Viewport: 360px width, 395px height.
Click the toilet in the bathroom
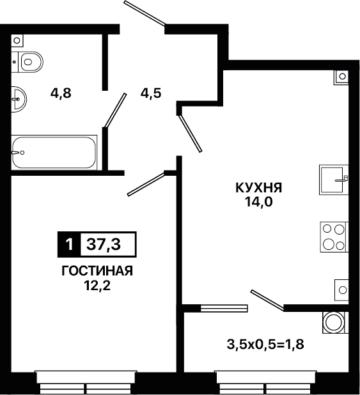(x=27, y=62)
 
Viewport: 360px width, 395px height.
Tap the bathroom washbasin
(x=19, y=99)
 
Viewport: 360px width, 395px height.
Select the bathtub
(x=54, y=152)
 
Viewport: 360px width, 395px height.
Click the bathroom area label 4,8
(x=61, y=93)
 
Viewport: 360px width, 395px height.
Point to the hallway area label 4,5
(x=151, y=93)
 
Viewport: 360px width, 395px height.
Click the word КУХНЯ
(x=259, y=188)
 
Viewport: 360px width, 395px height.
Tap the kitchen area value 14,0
(x=259, y=202)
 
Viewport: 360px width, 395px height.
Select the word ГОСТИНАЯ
(x=97, y=271)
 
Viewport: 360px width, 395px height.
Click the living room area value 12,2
(x=97, y=286)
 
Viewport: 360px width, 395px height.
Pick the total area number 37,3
(x=104, y=244)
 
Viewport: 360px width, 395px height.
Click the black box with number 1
(x=69, y=244)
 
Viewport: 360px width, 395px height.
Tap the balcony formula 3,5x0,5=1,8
(x=265, y=345)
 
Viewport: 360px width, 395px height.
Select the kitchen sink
(x=334, y=180)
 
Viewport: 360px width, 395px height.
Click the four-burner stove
(x=334, y=236)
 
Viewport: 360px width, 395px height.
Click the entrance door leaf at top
(x=145, y=13)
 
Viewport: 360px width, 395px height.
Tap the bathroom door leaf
(x=115, y=110)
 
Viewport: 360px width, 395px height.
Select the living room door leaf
(x=146, y=184)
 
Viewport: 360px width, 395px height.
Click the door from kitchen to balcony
(x=267, y=300)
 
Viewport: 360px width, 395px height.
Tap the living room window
(x=86, y=382)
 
